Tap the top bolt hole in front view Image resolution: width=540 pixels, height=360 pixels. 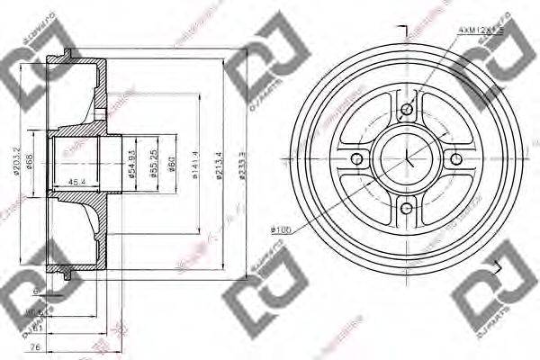point(407,110)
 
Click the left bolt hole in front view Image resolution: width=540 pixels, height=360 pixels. point(356,160)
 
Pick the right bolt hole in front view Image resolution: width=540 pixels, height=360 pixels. point(457,160)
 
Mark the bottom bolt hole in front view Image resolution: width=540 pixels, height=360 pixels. point(407,211)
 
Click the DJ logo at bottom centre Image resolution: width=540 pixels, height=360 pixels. point(267,292)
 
